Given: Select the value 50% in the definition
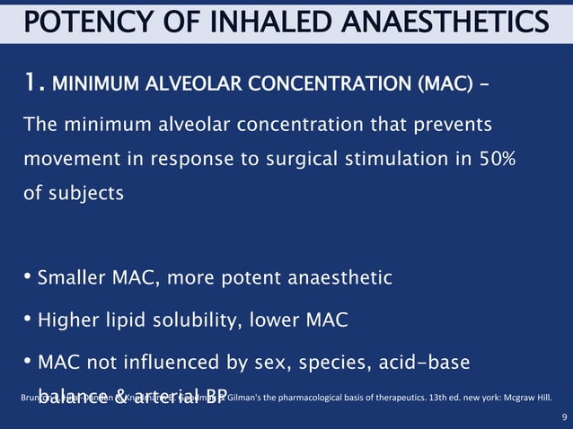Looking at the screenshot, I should tap(513, 157).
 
